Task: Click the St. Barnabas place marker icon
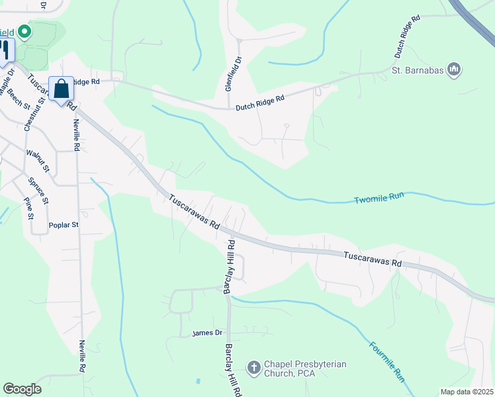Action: click(x=454, y=69)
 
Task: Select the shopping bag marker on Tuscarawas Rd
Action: click(x=61, y=89)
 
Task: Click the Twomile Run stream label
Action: click(x=379, y=198)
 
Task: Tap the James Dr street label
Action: click(x=206, y=333)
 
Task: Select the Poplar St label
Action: click(x=64, y=225)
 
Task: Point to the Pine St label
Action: click(x=28, y=208)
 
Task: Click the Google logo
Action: click(x=22, y=389)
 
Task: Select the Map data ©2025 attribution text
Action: click(x=467, y=392)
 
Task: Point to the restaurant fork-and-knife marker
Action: click(x=5, y=50)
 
